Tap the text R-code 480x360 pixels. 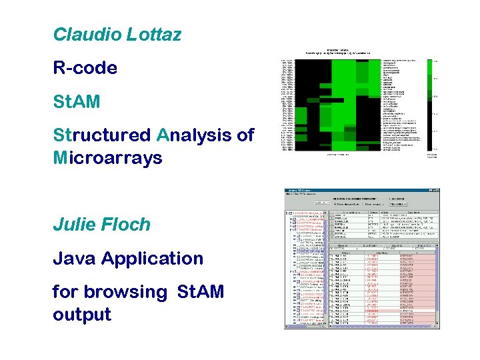85,68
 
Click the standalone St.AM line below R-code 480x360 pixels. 76,102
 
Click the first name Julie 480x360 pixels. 75,225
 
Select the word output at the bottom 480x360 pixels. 81,315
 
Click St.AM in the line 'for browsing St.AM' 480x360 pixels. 200,292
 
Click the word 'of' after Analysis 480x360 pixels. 245,135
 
